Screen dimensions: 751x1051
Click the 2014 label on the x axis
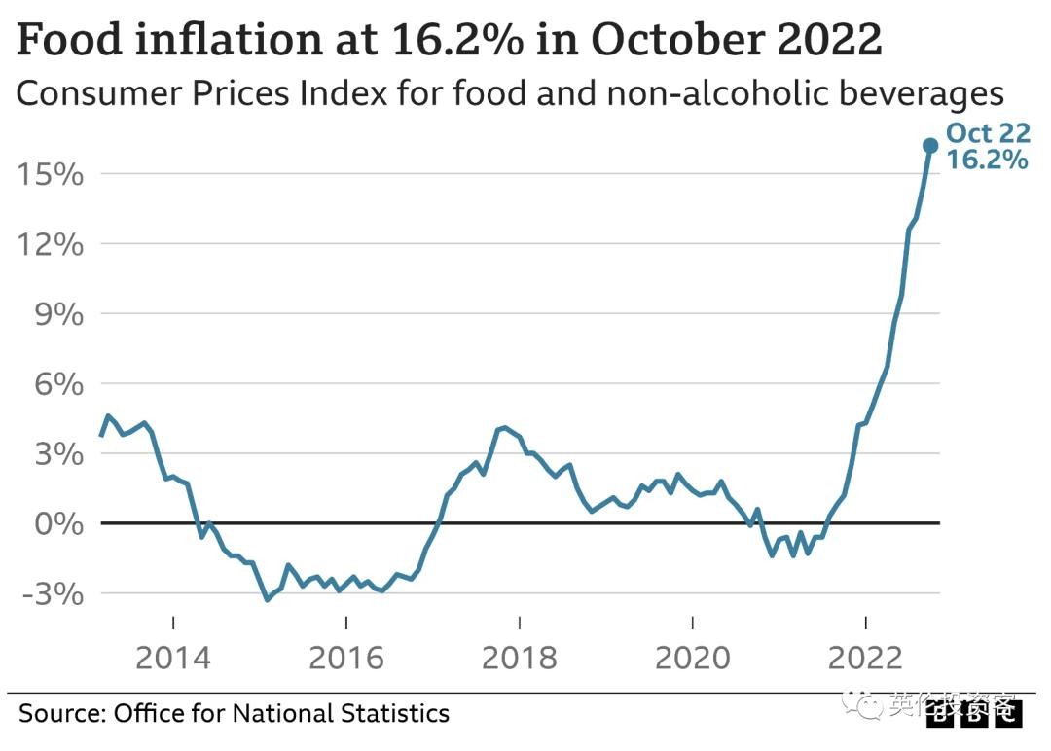173,658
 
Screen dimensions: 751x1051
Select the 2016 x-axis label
346,658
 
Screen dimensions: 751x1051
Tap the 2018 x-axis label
520,658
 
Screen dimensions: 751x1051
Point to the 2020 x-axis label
692,658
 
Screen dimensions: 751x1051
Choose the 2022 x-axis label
865,658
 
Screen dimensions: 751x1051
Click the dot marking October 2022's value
929,146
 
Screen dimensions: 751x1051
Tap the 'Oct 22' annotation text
987,134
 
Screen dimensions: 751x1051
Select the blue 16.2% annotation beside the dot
987,161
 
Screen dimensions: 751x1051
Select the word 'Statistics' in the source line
394,713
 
